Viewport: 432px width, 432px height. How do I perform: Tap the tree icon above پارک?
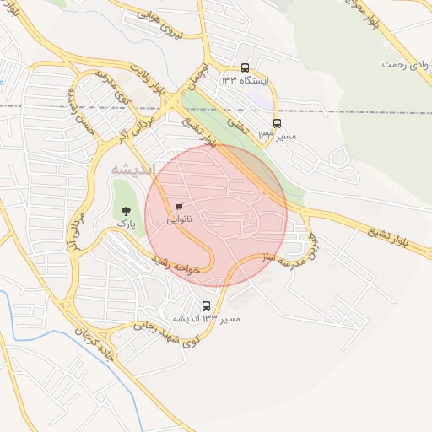126,210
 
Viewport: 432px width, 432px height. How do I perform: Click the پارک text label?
126,224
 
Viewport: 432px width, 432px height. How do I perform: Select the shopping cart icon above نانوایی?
179,206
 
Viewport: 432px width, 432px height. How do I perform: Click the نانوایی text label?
179,219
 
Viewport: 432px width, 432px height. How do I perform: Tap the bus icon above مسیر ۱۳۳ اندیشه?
207,305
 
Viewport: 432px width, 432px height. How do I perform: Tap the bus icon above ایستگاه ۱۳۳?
245,67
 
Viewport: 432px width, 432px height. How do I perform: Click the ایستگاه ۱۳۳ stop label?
244,81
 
